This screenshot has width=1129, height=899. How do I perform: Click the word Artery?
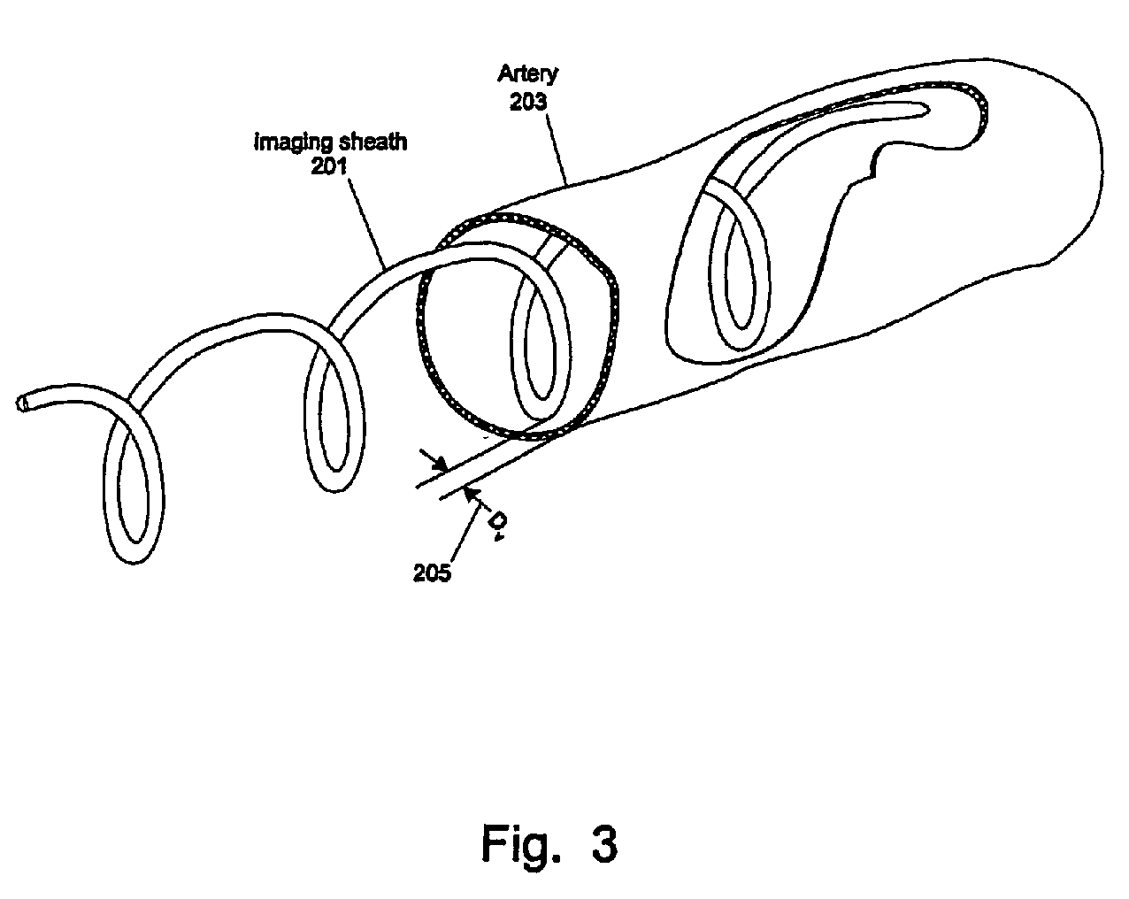click(527, 73)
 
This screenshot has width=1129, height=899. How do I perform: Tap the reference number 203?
click(528, 101)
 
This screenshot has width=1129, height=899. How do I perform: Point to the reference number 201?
click(329, 165)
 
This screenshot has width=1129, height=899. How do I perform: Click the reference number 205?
click(432, 572)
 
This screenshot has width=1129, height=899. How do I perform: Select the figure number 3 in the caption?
click(604, 843)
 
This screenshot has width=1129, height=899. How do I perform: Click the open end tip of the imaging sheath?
click(22, 403)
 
